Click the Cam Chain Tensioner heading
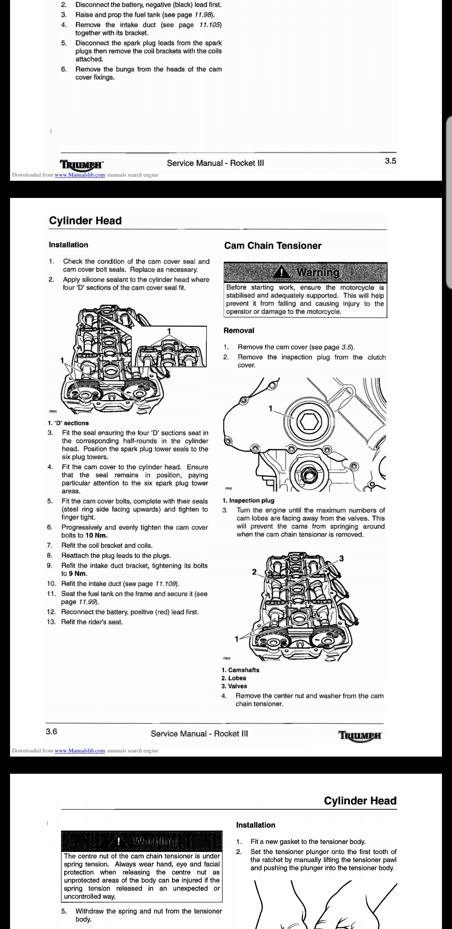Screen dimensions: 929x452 [272, 246]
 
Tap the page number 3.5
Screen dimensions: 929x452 [390, 161]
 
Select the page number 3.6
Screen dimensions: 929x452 [51, 731]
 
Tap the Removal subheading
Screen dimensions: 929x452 [239, 331]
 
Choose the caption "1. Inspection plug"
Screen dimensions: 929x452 [248, 500]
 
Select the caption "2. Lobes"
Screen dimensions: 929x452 [234, 678]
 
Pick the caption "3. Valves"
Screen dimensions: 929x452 [234, 686]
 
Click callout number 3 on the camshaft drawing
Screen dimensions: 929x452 [342, 558]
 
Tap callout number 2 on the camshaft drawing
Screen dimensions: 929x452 [254, 572]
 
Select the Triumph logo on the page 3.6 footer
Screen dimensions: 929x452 [360, 735]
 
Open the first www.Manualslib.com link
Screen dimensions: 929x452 [80, 175]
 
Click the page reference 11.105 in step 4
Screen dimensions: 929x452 [210, 25]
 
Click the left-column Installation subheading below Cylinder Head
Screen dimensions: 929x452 [68, 245]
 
